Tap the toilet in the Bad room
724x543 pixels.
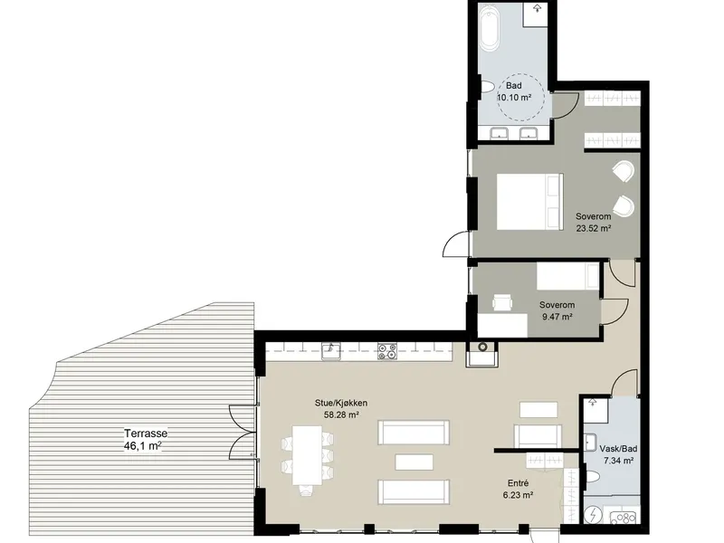487,87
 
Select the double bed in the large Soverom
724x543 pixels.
530,201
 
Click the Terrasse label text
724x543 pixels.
146,433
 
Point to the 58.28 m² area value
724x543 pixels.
342,414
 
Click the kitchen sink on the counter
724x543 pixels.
331,352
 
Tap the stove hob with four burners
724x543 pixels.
387,351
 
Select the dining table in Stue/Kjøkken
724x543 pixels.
307,455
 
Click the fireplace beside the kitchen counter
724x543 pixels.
482,354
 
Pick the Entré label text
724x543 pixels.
518,483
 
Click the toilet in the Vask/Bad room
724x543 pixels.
593,476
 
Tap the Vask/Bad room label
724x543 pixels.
618,448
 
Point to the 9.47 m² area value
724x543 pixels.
557,317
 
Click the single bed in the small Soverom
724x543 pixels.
568,276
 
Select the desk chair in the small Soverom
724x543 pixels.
502,302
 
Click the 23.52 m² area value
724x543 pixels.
594,228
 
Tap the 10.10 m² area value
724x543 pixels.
514,98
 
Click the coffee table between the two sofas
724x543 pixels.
414,462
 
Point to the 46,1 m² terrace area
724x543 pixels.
143,446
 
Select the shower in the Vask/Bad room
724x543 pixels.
595,410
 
